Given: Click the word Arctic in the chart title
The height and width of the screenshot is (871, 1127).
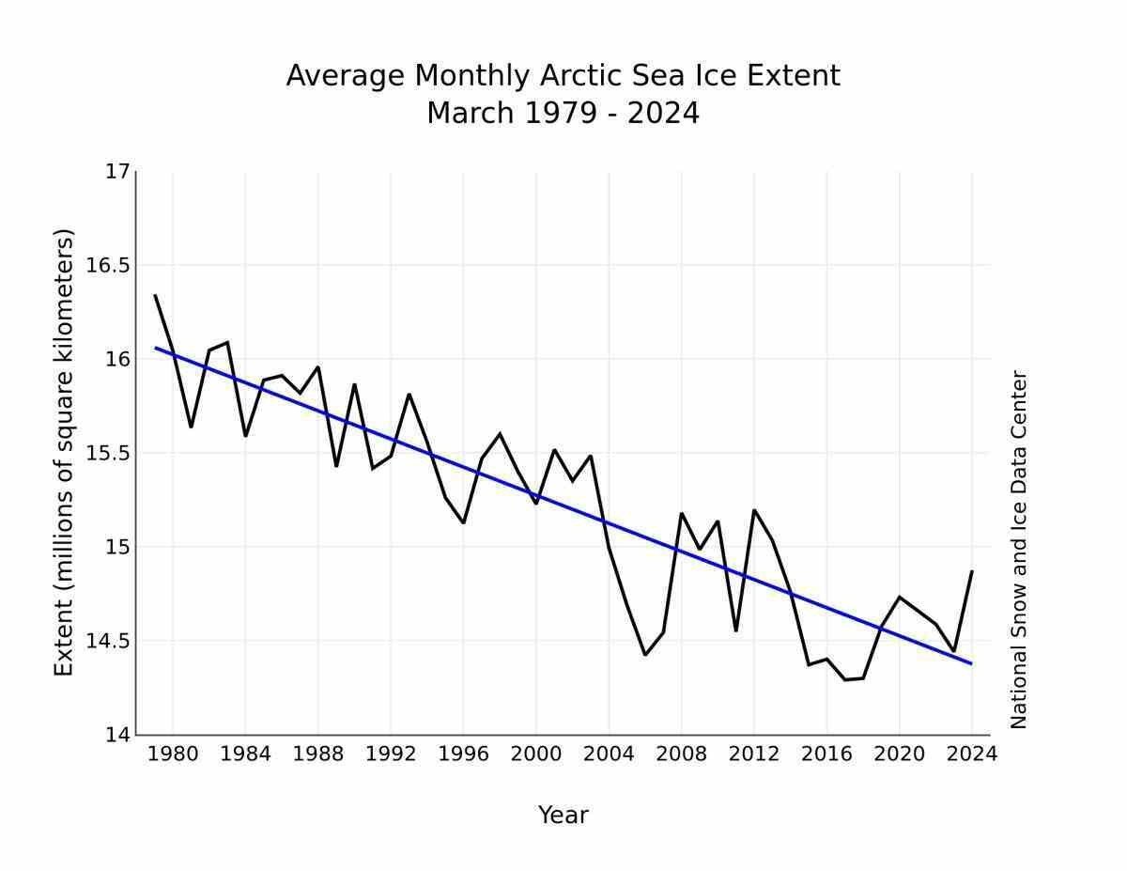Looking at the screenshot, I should (x=579, y=76).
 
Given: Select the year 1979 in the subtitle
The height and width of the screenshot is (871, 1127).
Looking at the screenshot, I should (x=560, y=114).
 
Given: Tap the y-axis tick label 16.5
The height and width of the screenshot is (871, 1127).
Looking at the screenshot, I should (x=108, y=265).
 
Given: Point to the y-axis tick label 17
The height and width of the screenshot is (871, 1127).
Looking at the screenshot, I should (x=117, y=171).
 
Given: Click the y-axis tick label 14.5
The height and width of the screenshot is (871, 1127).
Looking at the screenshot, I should (x=108, y=641).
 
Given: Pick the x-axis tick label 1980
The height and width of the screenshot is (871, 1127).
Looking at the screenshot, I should (x=173, y=754).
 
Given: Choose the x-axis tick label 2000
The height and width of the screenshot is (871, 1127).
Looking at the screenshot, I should (x=536, y=754).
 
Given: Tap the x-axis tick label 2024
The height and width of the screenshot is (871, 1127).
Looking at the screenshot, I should (x=971, y=754).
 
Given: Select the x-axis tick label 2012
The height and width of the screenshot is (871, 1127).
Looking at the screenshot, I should (x=754, y=754).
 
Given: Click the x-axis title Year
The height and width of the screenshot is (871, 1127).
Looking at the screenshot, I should (x=563, y=816).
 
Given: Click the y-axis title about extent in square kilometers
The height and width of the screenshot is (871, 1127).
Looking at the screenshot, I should (x=64, y=452).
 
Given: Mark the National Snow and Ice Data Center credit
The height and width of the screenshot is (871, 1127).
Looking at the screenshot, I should (x=1019, y=550).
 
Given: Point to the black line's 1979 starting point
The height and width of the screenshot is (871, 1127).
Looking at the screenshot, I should (x=155, y=295).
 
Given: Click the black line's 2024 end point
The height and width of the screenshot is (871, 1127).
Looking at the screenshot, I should (x=972, y=570).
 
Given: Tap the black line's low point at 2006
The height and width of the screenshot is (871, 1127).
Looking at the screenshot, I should (x=645, y=655).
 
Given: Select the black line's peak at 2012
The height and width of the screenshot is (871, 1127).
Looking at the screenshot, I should (x=754, y=510).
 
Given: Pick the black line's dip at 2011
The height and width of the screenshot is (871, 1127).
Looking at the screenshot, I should (x=735, y=630).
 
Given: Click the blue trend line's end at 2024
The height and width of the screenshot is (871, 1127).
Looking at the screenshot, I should (x=971, y=663).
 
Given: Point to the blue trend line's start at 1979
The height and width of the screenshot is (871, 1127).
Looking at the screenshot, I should (x=156, y=348).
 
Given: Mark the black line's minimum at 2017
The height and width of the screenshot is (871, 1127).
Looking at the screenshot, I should (x=845, y=679).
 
